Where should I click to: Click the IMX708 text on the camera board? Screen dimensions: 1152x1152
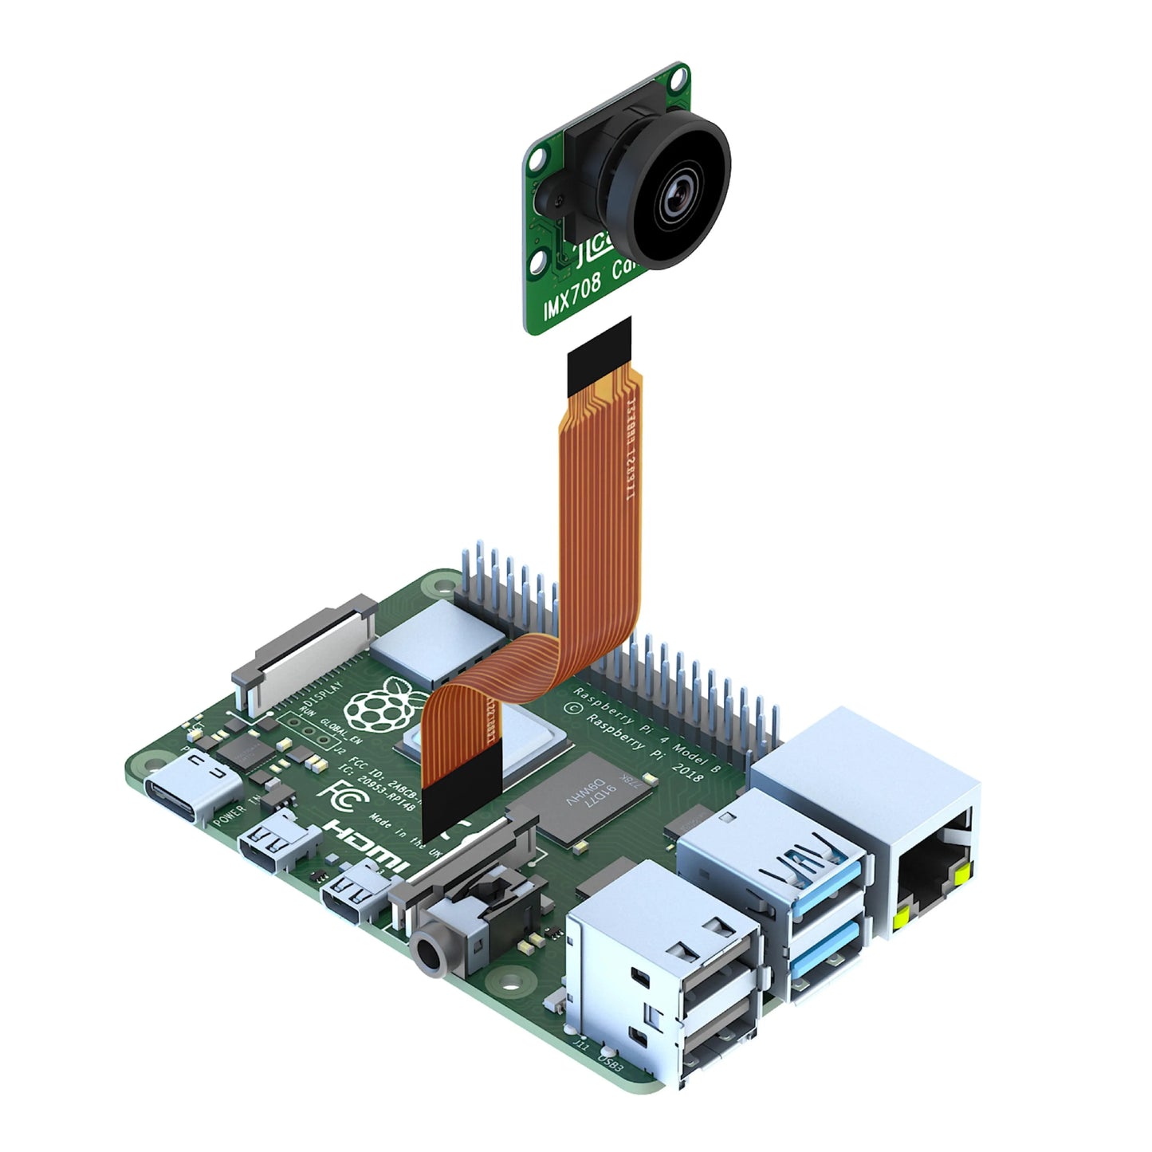coord(572,298)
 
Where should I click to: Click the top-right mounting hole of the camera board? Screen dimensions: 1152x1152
coord(678,79)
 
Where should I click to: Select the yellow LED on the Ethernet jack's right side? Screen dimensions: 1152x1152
coord(962,875)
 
